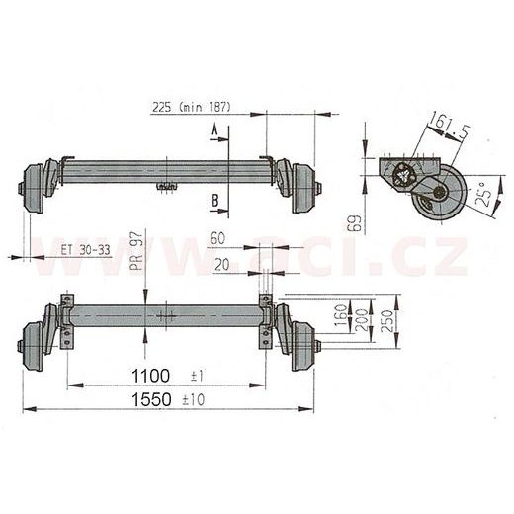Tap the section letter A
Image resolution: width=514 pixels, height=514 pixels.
pyautogui.click(x=214, y=128)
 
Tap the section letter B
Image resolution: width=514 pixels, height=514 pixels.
pyautogui.click(x=214, y=201)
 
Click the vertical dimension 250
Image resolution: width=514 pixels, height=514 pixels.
pyautogui.click(x=394, y=320)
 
